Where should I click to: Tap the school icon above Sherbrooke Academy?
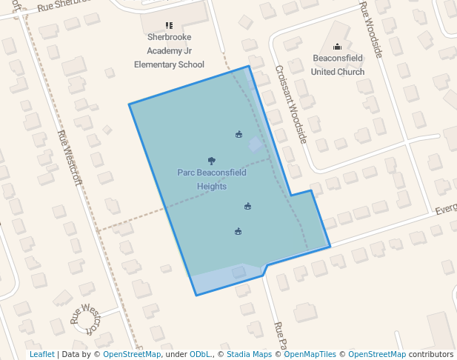[x=169, y=26]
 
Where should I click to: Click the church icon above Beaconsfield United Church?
[x=338, y=47]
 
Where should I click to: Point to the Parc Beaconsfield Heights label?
[x=212, y=179]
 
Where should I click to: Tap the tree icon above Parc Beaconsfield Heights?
[x=212, y=160]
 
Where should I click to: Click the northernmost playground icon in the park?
[x=239, y=134]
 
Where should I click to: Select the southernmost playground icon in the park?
[x=238, y=231]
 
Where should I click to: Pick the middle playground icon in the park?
[x=247, y=206]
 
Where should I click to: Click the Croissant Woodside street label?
[x=290, y=104]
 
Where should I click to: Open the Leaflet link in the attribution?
[x=41, y=354]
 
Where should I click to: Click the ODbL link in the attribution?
[x=201, y=354]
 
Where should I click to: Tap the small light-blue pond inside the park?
[x=256, y=144]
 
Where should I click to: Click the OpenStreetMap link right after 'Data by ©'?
[x=132, y=354]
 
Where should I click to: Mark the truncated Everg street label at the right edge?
[x=445, y=210]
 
